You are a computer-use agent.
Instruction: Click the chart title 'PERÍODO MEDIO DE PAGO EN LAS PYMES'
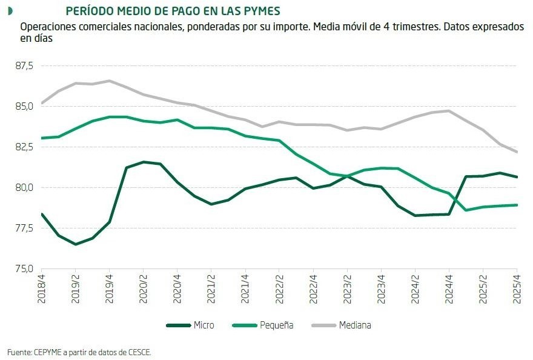[x=172, y=12]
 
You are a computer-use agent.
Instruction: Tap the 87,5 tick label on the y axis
[x=25, y=65]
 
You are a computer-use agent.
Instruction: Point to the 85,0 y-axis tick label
[x=25, y=106]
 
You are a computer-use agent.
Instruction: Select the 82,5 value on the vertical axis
[x=25, y=147]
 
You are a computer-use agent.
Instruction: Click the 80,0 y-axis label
[x=25, y=187]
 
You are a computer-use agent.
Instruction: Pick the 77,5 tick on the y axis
[x=25, y=228]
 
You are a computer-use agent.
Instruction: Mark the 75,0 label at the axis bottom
[x=25, y=268]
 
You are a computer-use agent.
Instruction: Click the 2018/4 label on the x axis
[x=41, y=287]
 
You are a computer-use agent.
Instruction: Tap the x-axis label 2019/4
[x=109, y=287]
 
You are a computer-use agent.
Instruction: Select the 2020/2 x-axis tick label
[x=143, y=287]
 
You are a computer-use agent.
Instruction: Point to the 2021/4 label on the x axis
[x=245, y=287]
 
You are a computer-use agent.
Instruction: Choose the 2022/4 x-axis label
[x=313, y=287]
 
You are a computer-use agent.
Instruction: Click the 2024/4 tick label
[x=448, y=287]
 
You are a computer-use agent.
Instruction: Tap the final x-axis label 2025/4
[x=516, y=287]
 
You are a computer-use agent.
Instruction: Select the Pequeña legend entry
[x=276, y=325]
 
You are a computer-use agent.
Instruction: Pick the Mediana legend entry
[x=355, y=325]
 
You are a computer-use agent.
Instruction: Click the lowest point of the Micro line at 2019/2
[x=75, y=244]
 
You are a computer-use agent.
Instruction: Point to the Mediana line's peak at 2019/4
[x=109, y=81]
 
